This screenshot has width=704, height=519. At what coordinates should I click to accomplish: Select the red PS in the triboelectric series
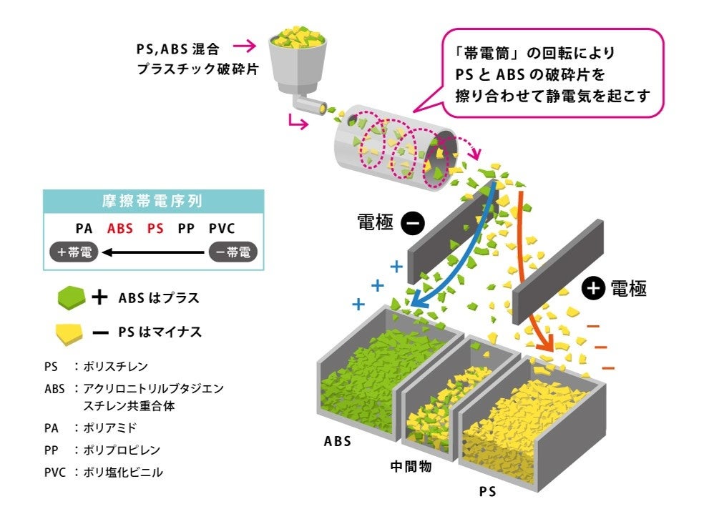pos(155,229)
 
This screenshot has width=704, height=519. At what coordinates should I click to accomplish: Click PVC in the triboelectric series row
pos(222,229)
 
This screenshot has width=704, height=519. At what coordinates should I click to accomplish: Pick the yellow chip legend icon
pos(72,331)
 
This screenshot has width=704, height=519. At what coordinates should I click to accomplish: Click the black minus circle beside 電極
pos(413,223)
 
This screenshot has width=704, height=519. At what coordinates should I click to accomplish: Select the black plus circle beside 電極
pos(593,288)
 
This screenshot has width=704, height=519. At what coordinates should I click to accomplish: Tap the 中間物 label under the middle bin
pos(410,467)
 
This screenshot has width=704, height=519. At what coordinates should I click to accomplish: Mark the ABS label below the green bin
pos(338,441)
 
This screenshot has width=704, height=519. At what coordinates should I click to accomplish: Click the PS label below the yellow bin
pos(487,492)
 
